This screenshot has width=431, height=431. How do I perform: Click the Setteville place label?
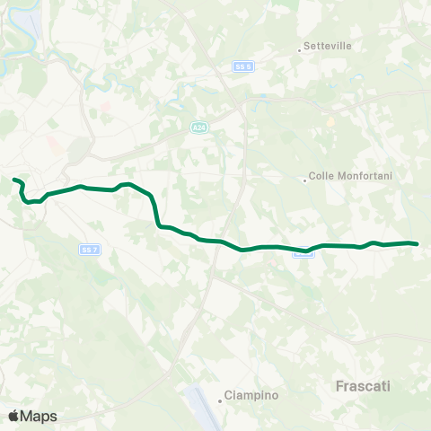click(328, 45)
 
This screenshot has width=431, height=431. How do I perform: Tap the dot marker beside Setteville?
click(300, 49)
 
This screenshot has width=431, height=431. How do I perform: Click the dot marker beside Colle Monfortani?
click(305, 180)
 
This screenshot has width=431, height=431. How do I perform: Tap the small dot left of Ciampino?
click(220, 400)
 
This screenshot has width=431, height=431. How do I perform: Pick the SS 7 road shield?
click(87, 249)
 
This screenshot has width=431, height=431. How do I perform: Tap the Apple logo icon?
click(13, 416)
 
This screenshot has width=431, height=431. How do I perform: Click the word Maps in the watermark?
click(40, 416)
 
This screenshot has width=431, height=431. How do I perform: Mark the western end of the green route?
click(14, 180)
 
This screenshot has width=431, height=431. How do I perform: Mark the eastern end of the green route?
click(417, 243)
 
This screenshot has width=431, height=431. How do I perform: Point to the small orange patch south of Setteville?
click(330, 120)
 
